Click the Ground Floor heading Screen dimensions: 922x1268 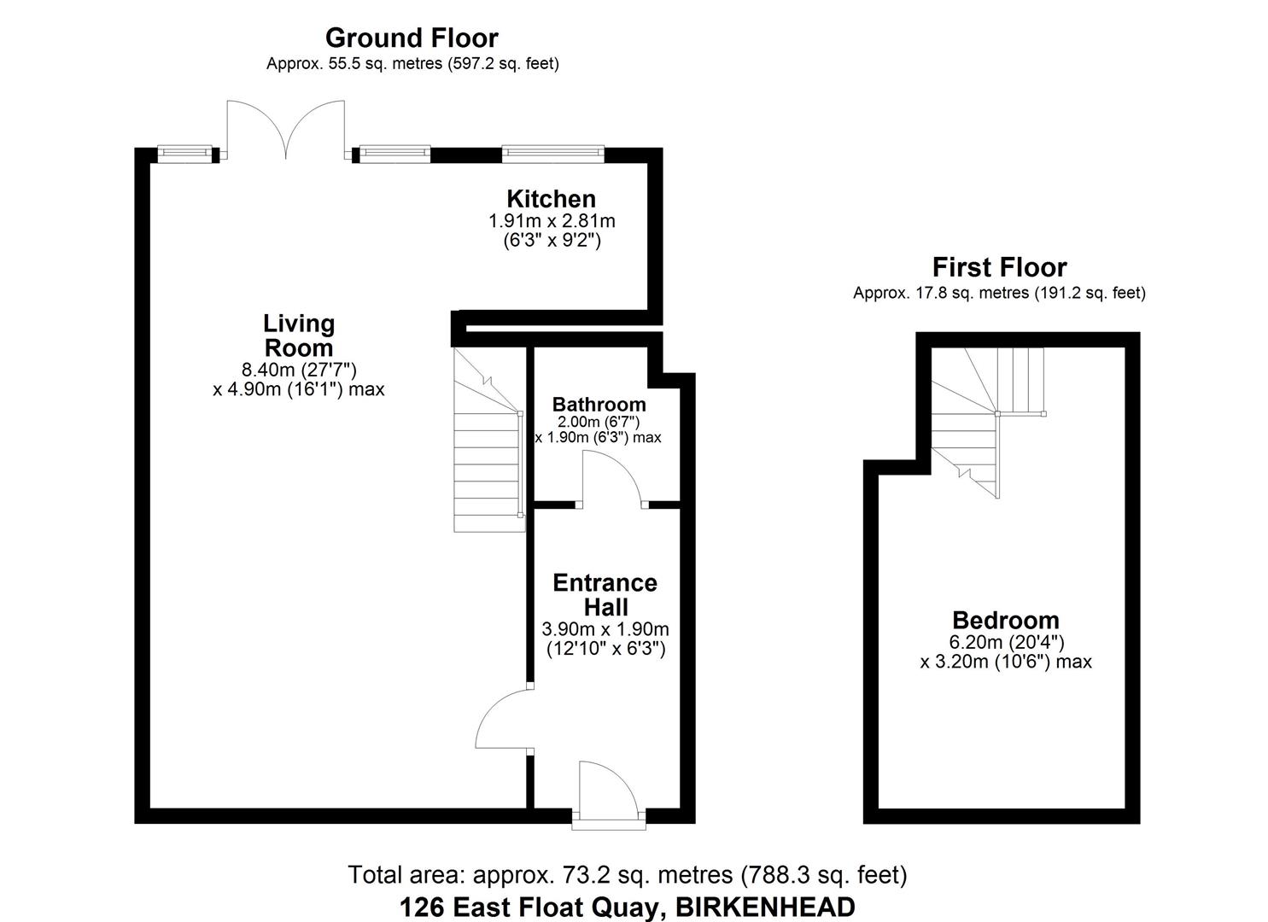point(412,38)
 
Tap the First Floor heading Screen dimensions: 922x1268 point(999,267)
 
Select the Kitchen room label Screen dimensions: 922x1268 point(551,199)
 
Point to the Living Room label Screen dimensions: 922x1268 point(298,336)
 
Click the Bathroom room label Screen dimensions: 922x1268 point(599,404)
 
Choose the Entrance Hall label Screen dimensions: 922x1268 point(605,595)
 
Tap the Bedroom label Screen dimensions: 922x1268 point(1005,620)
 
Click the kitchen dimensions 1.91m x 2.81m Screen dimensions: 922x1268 point(551,220)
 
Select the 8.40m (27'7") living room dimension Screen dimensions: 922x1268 point(298,370)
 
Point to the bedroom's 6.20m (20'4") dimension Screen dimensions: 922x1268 point(1005,641)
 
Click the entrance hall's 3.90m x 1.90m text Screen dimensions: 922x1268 point(605,629)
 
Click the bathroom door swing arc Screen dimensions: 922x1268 point(612,478)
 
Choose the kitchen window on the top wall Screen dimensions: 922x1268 point(552,154)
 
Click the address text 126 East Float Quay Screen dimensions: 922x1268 point(626,906)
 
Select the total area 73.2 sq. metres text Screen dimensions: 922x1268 point(626,874)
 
